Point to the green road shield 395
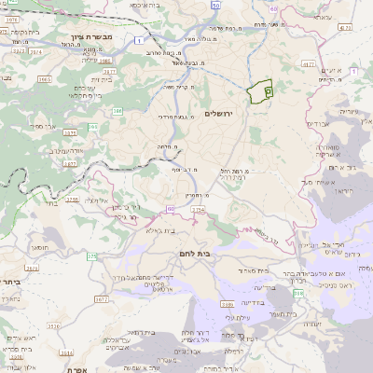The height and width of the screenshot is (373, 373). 92,126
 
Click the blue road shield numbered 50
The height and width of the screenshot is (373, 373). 215,6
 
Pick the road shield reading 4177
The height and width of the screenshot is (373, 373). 346,28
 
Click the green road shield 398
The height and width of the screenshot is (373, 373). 298,293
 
